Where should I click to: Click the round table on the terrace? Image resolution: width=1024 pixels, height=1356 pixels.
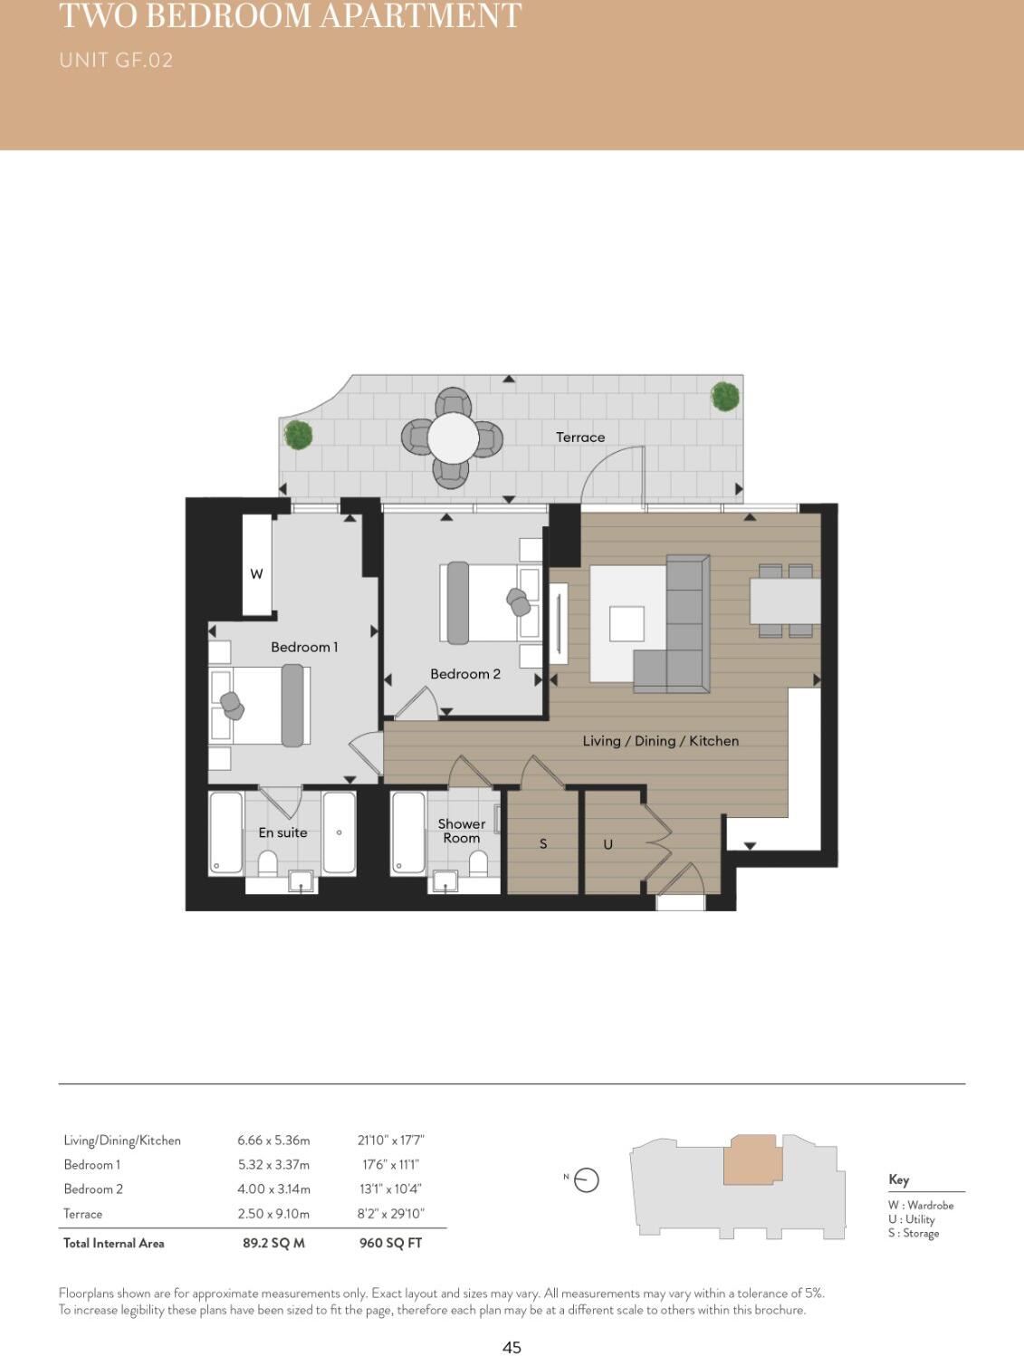[x=453, y=438]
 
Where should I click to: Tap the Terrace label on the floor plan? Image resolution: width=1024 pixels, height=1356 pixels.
[x=579, y=438]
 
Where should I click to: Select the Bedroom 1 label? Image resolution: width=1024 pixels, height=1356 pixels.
[x=304, y=647]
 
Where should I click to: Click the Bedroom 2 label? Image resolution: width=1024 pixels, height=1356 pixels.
[x=464, y=674]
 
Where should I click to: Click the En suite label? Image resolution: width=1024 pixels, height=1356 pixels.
[x=282, y=832]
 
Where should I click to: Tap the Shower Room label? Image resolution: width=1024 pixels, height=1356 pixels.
[x=461, y=831]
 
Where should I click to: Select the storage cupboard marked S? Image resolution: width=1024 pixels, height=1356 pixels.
[x=542, y=843]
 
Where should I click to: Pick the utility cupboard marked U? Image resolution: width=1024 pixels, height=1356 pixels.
[x=608, y=843]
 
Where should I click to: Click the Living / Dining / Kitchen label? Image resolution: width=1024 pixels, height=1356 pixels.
[x=660, y=741]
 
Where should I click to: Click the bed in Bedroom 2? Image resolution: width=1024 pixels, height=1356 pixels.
[x=489, y=603]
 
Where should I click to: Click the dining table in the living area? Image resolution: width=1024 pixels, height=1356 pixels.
[x=784, y=601]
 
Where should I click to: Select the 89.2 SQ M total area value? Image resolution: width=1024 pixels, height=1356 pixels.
[x=273, y=1243]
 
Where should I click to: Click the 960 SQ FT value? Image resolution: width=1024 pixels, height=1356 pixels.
[x=390, y=1243]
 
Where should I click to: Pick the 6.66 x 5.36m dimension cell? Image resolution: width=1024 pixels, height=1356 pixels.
[x=273, y=1140]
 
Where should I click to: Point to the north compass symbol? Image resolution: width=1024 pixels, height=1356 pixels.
[x=586, y=1180]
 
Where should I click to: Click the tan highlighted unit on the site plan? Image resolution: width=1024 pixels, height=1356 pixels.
[x=751, y=1160]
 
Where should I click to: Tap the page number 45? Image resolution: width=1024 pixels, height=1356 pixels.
[x=512, y=1347]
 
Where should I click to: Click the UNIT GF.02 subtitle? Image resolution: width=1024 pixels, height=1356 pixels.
[x=116, y=61]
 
